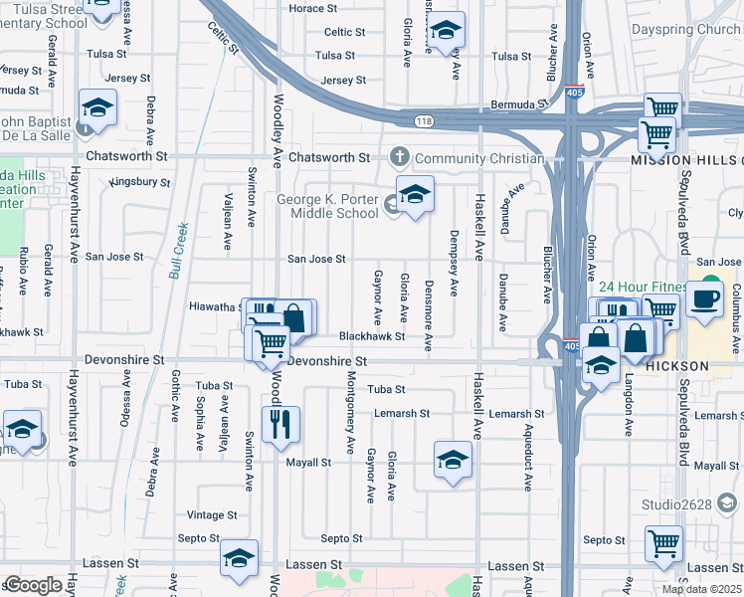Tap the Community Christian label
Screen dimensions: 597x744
point(479,158)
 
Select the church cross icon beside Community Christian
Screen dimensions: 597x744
point(400,157)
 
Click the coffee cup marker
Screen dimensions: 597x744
point(705,298)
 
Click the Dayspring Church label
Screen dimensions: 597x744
point(686,30)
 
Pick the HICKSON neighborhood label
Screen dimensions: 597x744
point(679,366)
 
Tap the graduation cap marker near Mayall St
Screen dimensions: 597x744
point(453,461)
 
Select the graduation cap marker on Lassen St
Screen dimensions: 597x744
point(239,558)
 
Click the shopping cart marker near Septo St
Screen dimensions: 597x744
point(663,544)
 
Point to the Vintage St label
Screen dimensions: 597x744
point(212,515)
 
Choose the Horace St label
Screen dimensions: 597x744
point(312,9)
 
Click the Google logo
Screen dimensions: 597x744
point(33,585)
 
